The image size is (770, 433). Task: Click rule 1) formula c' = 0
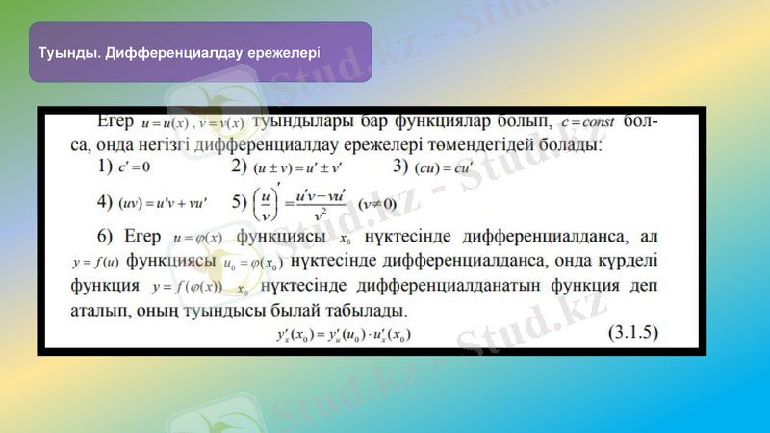tap(136, 168)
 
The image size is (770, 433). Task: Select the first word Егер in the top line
tap(116, 123)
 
